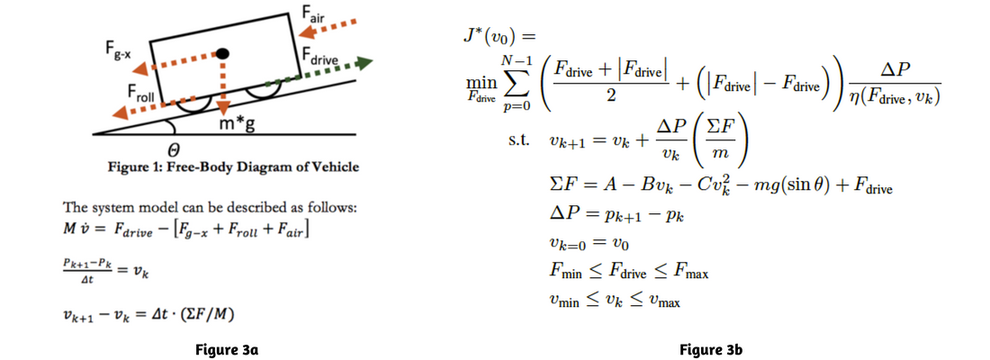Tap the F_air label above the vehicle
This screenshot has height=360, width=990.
pyautogui.click(x=312, y=13)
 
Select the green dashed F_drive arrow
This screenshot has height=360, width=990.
pyautogui.click(x=319, y=73)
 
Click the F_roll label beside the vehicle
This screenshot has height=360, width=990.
pyautogui.click(x=140, y=94)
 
